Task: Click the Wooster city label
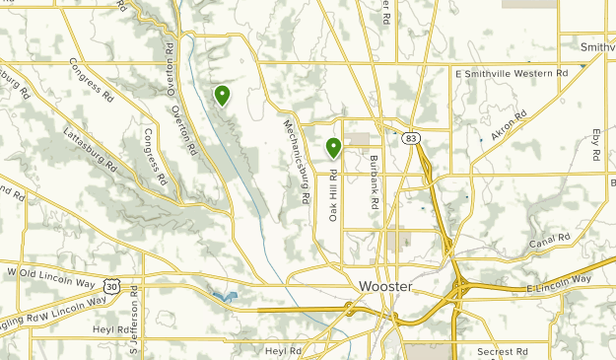tap(379, 286)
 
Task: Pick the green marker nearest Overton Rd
tap(223, 95)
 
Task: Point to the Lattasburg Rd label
tap(90, 148)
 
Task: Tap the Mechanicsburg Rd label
tap(297, 163)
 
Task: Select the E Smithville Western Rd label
tap(512, 73)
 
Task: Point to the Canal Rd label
tap(550, 241)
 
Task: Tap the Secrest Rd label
tap(501, 350)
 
